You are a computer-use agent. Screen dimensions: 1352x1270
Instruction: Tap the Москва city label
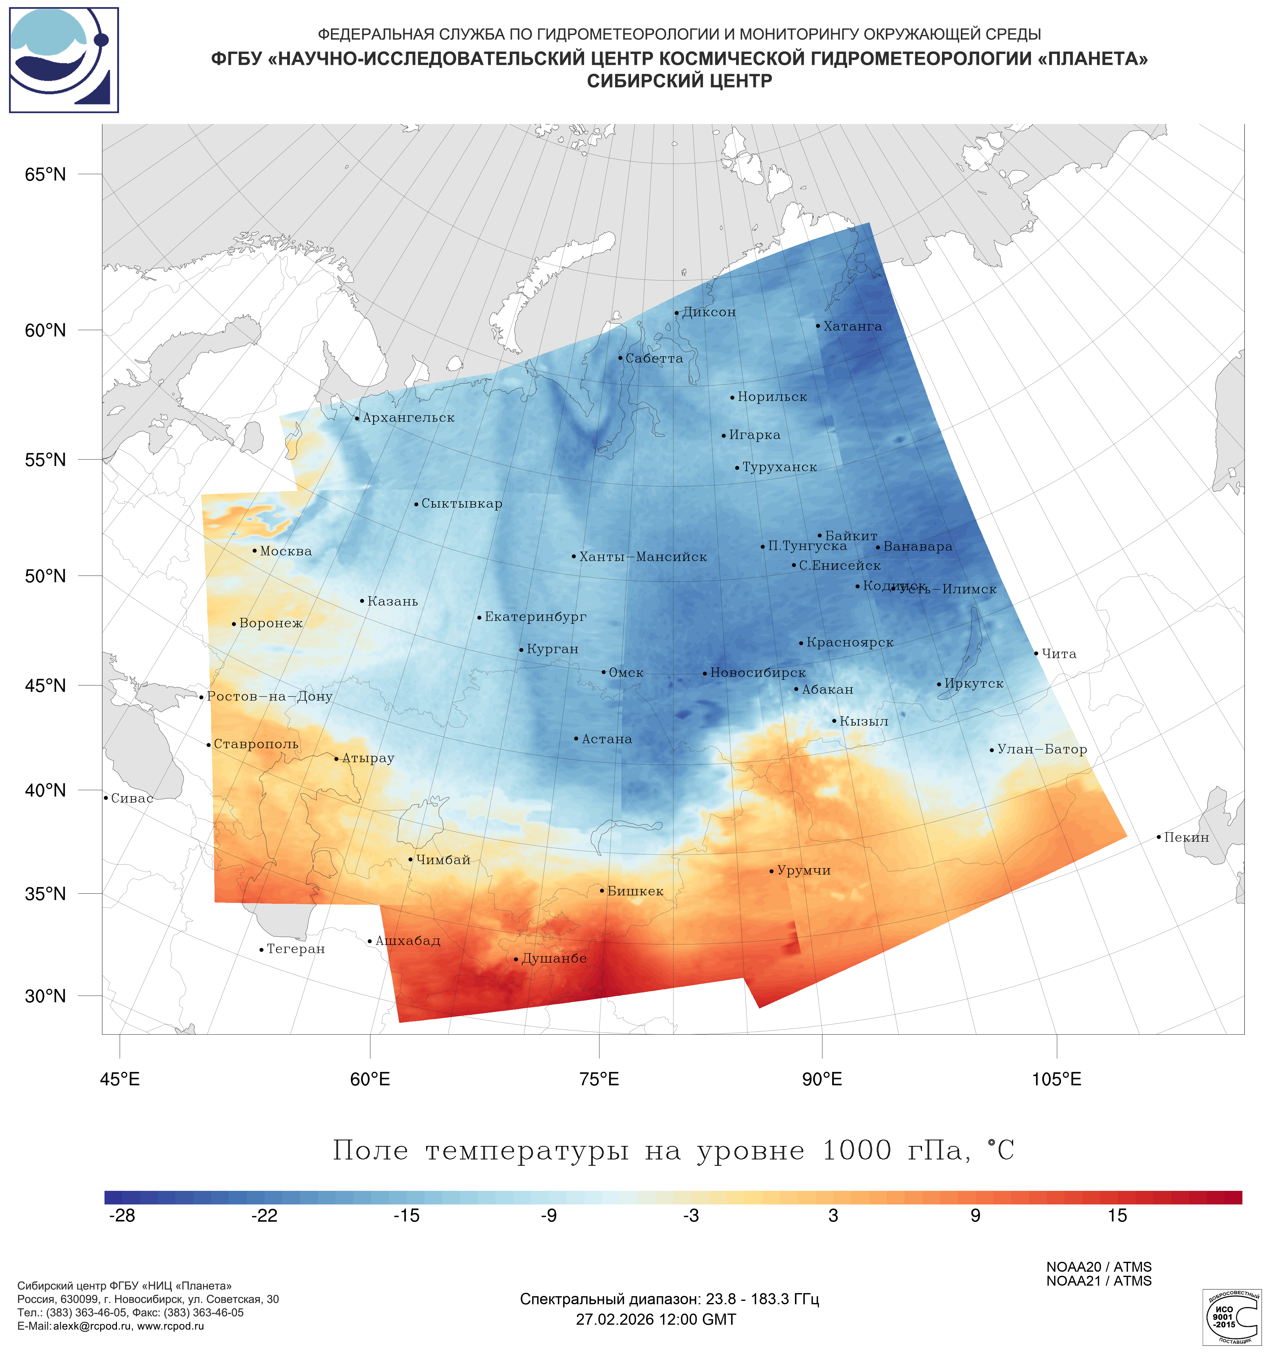coord(286,551)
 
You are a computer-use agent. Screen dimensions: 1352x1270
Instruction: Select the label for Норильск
coord(772,397)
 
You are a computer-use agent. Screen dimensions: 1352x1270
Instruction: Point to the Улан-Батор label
coord(1041,749)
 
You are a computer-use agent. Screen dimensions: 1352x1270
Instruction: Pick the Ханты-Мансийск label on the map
coord(643,557)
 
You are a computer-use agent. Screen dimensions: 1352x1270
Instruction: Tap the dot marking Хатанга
coord(818,326)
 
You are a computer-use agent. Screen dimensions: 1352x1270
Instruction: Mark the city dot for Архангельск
coord(357,418)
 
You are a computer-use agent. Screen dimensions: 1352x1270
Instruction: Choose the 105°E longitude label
coord(1056,1079)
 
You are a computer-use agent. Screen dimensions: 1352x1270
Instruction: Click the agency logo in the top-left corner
coord(64,60)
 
